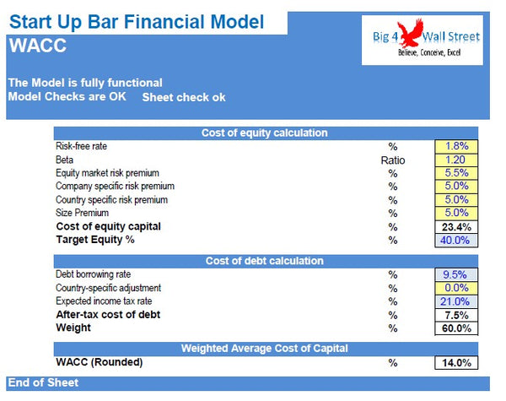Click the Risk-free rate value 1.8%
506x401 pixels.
456,146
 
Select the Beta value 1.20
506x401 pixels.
456,160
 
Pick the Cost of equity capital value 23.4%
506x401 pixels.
456,227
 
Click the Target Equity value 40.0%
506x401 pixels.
456,241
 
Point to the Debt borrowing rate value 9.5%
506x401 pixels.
456,274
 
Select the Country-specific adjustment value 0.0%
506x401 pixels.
456,288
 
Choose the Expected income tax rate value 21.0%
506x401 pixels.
456,301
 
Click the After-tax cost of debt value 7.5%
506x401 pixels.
456,315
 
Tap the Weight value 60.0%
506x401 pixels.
456,328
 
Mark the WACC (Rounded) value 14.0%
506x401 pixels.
456,363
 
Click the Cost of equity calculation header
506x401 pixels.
264,133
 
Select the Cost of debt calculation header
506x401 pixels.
264,261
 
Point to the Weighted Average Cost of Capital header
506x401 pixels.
264,349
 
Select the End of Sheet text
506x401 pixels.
44,383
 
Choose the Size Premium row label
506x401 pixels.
83,214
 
